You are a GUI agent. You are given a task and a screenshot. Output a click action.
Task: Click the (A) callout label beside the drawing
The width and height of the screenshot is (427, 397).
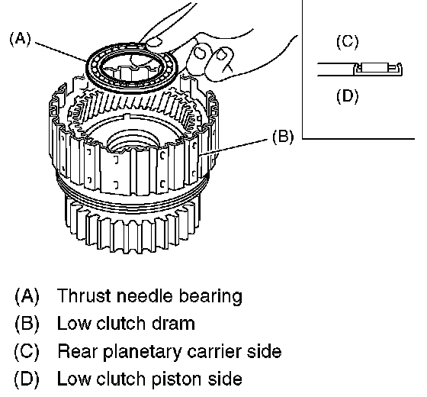[x=21, y=39]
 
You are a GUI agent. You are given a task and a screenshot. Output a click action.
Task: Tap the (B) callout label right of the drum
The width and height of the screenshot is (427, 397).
[x=283, y=136]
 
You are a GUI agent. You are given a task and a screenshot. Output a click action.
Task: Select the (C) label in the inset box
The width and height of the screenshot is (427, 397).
[x=348, y=42]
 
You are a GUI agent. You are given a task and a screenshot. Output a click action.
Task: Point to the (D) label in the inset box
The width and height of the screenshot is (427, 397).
[x=348, y=96]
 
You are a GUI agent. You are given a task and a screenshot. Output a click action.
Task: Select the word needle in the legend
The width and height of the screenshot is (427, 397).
[x=144, y=296]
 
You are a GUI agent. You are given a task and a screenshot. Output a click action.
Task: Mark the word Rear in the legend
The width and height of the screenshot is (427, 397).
[x=77, y=351]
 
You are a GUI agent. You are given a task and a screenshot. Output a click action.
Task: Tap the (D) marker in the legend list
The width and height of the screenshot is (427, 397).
[x=27, y=379]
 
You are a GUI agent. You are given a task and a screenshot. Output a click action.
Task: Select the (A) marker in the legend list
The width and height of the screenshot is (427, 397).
[x=27, y=296]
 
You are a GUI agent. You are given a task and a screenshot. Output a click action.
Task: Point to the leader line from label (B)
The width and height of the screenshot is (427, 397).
[x=233, y=147]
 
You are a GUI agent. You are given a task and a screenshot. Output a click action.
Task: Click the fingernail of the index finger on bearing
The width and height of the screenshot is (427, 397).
[x=154, y=42]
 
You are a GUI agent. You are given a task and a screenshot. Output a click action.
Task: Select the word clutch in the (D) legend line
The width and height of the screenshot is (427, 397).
[x=120, y=379]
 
